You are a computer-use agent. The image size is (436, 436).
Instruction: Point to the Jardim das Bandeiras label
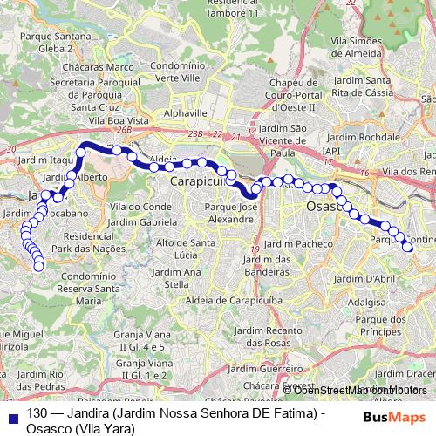click(x=268, y=265)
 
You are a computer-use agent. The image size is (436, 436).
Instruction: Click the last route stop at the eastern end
click(x=407, y=248)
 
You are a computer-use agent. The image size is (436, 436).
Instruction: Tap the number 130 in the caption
click(x=37, y=415)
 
